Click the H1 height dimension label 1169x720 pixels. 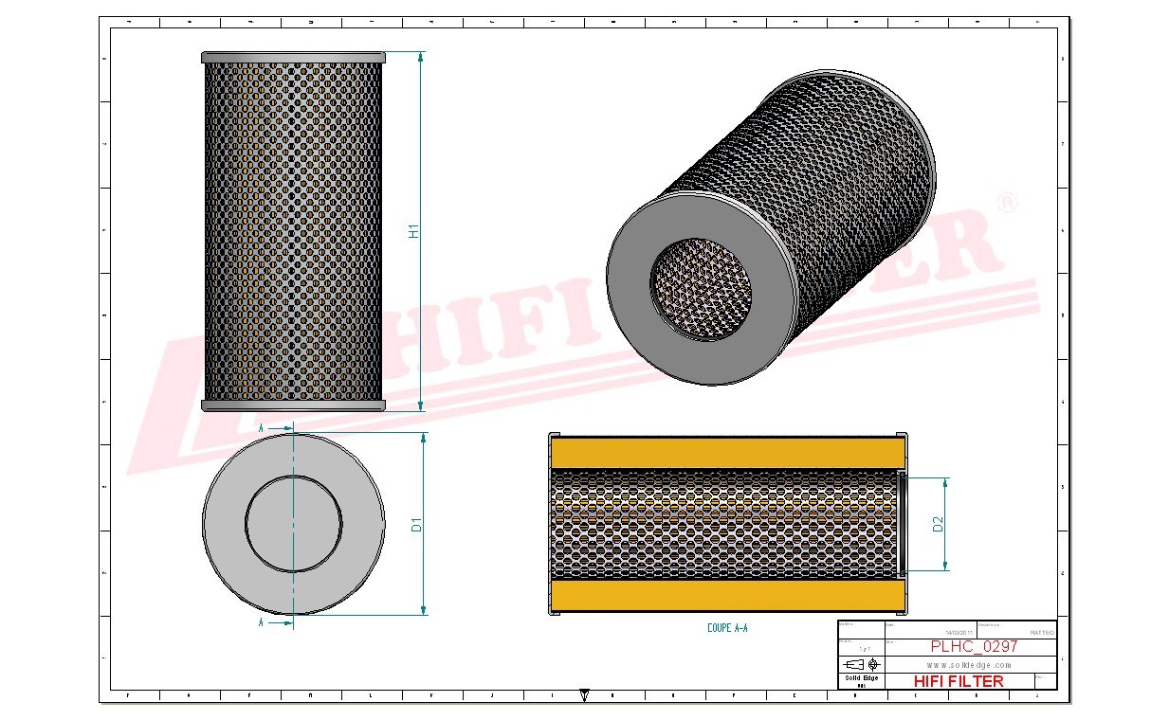pos(414,230)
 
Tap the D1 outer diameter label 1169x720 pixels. pos(416,524)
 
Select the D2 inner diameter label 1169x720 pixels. pos(938,524)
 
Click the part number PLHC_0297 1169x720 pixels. pos(974,646)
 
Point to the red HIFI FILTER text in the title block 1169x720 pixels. pos(958,681)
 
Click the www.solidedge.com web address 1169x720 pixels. pos(968,665)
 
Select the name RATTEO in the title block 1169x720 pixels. pos(1040,632)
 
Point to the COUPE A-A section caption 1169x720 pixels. pos(727,628)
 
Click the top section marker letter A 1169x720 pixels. pos(262,429)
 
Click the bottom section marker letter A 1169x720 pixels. pos(262,623)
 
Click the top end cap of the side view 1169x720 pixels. pos(293,57)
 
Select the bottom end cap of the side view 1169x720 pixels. pos(293,405)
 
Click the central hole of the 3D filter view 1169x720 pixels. pos(700,287)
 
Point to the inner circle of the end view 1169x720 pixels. pos(293,523)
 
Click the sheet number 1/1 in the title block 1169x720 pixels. pos(860,648)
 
